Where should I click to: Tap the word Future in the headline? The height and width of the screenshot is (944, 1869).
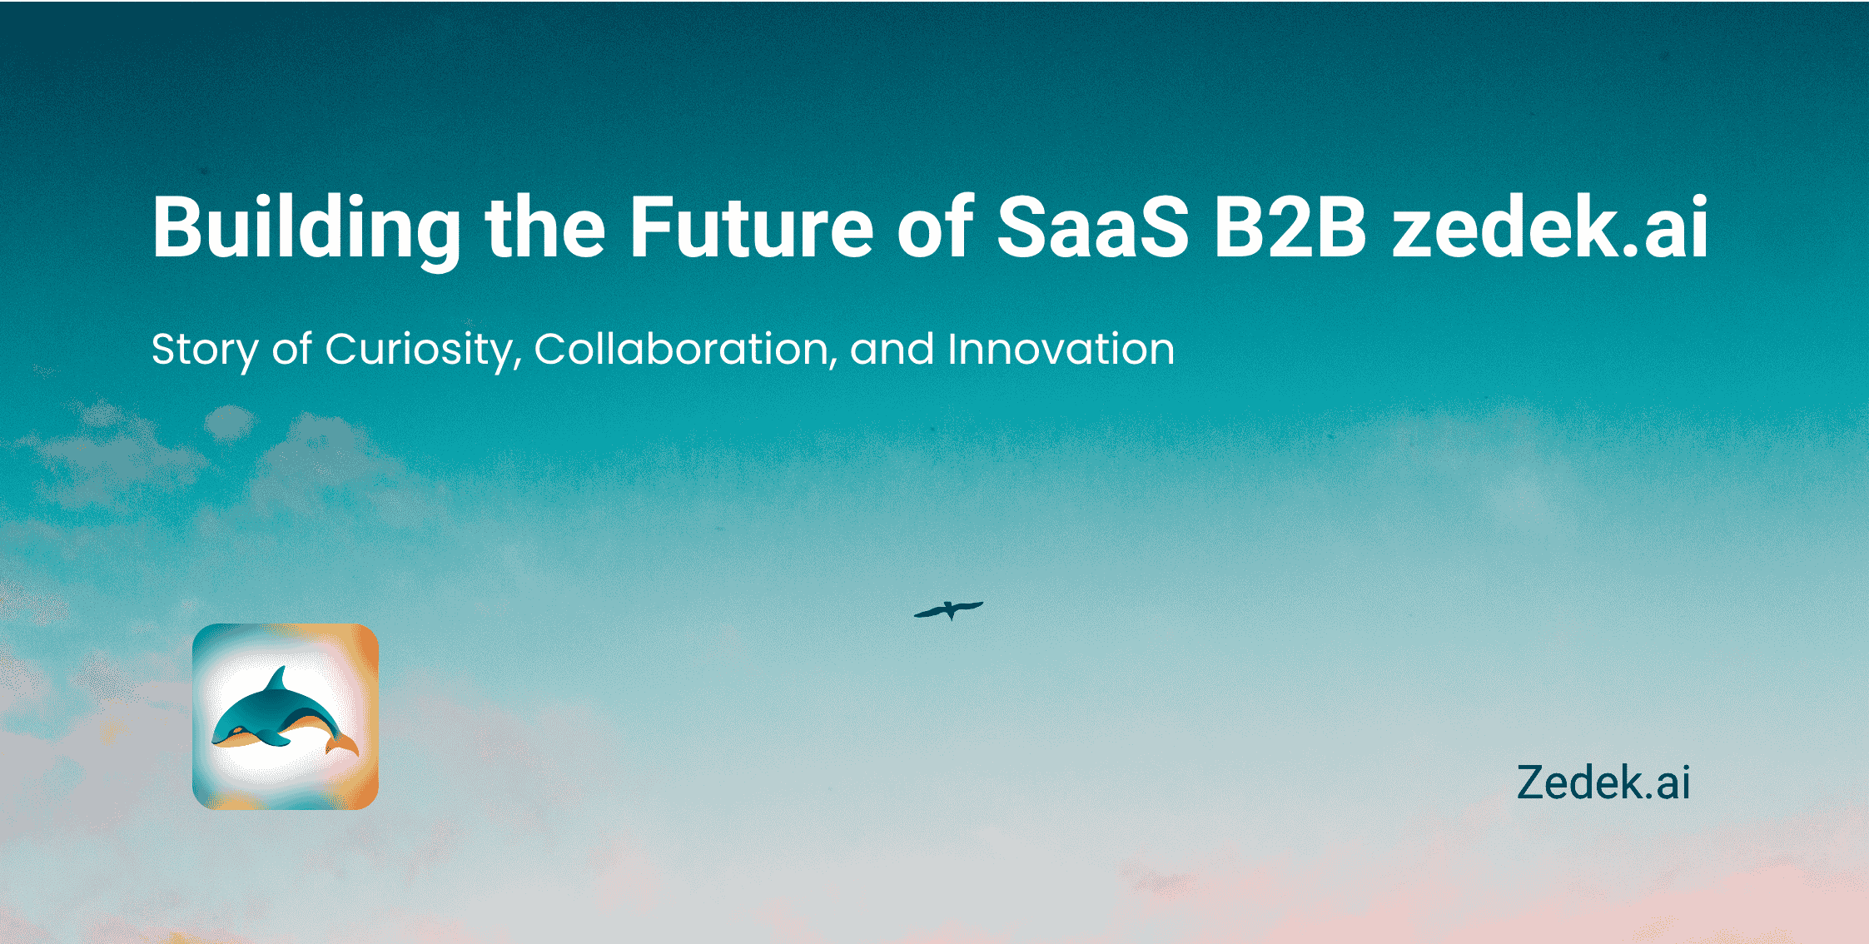(x=751, y=226)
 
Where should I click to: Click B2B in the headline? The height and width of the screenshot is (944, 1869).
(x=1290, y=226)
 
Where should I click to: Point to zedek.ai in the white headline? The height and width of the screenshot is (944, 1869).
(x=1549, y=226)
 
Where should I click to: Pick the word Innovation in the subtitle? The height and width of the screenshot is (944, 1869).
(x=1061, y=349)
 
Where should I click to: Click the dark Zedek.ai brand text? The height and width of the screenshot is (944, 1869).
(x=1603, y=783)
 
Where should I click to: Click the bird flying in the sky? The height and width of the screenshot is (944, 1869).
(x=949, y=610)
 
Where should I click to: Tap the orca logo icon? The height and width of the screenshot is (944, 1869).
(x=286, y=717)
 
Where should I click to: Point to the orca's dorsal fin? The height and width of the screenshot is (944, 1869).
(x=277, y=679)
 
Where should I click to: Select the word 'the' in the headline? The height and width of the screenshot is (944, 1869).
(x=544, y=226)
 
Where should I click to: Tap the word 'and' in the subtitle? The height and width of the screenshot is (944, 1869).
(x=892, y=349)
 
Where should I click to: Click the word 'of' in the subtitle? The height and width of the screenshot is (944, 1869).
(x=291, y=349)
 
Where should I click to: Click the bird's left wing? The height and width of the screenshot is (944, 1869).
(x=930, y=613)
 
